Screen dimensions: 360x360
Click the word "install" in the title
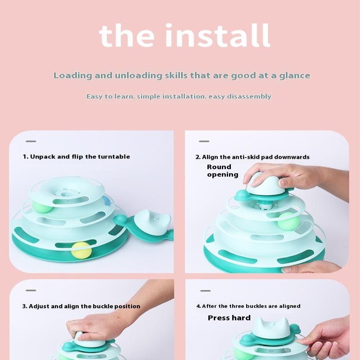coord(218,36)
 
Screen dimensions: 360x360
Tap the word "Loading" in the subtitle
coord(73,76)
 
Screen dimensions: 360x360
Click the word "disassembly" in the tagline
coord(251,96)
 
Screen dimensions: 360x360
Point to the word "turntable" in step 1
coord(114,157)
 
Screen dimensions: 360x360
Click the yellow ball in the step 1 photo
coord(81,250)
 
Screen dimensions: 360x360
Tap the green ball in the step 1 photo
coord(42,207)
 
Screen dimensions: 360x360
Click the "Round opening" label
coord(222,171)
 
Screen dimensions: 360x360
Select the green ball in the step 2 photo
coord(288,221)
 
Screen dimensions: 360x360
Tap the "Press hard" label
coord(229,318)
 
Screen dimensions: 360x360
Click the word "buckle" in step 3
coord(103,306)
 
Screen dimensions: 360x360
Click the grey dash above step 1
coord(31,141)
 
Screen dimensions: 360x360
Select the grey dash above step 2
coord(204,141)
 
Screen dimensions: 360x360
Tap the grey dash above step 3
coord(31,290)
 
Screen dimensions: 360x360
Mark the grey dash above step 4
coord(205,291)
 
